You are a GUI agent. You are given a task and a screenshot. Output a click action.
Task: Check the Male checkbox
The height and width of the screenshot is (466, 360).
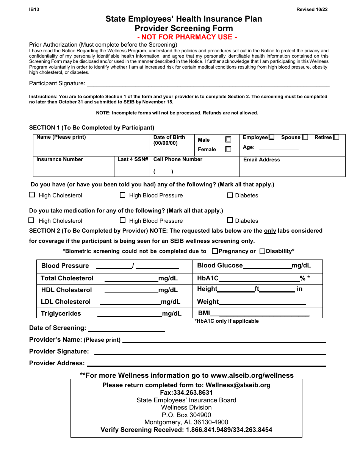228,139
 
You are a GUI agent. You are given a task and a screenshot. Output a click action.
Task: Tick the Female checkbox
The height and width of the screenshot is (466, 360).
228,149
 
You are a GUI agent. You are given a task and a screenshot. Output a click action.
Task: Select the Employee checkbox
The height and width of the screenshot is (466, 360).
271,137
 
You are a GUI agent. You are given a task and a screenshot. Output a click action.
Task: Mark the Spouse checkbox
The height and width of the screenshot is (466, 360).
305,138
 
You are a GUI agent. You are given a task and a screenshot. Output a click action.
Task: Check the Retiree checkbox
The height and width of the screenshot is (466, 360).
336,138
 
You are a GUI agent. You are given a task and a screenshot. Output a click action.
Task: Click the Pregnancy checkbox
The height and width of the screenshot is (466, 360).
215,251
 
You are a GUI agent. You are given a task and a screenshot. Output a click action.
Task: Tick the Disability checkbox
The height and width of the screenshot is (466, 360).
262,251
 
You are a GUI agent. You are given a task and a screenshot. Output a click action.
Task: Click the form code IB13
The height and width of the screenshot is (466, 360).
34,10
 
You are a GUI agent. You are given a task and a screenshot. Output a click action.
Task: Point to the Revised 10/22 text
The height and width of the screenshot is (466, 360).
312,10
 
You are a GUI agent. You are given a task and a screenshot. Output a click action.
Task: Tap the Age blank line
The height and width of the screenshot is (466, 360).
278,148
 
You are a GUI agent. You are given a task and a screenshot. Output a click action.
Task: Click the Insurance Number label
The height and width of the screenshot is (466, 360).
59,160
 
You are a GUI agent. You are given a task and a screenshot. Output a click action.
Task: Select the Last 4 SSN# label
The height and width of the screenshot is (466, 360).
133,160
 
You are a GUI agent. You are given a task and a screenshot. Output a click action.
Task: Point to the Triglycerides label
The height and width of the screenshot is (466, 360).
61,313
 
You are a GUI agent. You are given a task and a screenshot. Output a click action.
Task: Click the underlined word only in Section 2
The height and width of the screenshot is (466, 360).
270,231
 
